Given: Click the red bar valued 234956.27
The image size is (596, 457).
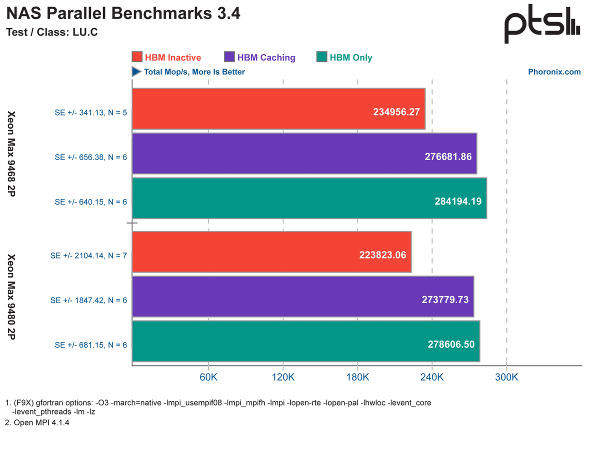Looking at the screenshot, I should click(x=279, y=109).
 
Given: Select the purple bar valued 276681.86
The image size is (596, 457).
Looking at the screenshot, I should click(x=305, y=153).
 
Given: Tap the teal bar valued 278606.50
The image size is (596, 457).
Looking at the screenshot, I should click(x=306, y=341).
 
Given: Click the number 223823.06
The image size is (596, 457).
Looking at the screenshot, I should click(x=382, y=254).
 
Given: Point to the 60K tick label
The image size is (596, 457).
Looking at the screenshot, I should click(x=208, y=377).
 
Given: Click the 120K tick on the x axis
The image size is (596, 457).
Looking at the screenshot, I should click(x=283, y=377).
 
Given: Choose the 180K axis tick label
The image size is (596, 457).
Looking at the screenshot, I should click(x=357, y=377).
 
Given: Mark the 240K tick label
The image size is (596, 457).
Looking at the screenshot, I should click(x=432, y=377).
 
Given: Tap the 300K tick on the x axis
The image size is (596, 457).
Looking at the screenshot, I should click(x=506, y=377).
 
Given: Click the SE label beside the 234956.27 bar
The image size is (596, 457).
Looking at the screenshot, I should click(x=90, y=112).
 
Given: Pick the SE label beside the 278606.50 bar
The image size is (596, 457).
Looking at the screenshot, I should click(x=90, y=345).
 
